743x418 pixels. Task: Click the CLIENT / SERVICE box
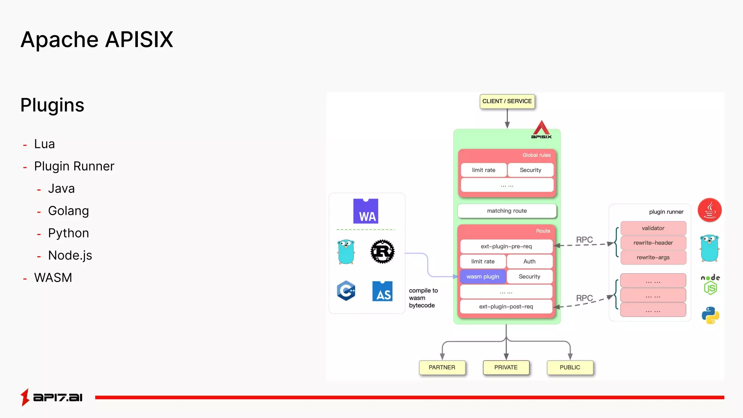(x=507, y=101)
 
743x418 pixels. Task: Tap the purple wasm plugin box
(x=483, y=276)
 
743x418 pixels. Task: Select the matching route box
(x=507, y=211)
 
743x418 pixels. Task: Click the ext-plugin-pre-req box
(x=506, y=246)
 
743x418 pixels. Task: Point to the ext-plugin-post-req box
(x=506, y=307)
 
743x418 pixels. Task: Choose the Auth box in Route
(x=529, y=261)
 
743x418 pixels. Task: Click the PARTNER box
(x=442, y=367)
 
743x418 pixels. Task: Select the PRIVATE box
(x=506, y=367)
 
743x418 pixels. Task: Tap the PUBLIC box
(x=570, y=367)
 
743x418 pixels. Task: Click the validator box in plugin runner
(x=653, y=228)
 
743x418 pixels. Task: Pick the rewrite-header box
(x=653, y=243)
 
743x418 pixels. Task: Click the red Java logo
(x=710, y=210)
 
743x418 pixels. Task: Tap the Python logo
(x=710, y=315)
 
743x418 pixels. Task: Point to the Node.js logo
(x=710, y=284)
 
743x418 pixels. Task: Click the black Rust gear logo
(x=382, y=251)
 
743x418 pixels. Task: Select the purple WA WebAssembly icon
(x=366, y=211)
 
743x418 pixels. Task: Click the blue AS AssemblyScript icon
(x=382, y=291)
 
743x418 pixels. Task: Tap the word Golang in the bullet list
(x=69, y=211)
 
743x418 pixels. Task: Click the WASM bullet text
(x=53, y=278)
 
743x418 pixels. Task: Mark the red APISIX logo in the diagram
(x=541, y=130)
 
